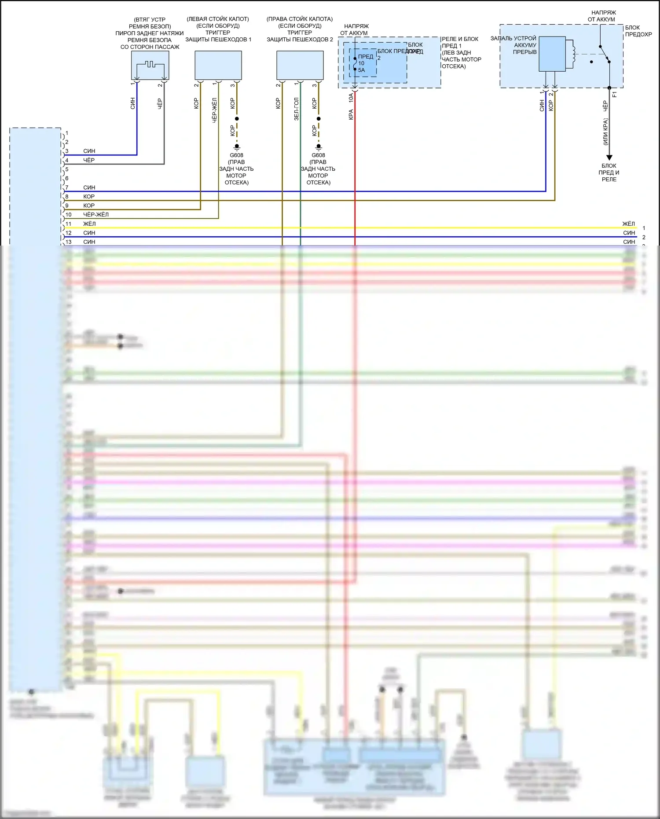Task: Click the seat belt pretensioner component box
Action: coord(150,65)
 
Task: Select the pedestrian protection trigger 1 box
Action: coord(218,65)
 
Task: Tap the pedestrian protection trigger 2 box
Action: coord(300,65)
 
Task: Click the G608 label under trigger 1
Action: coord(236,155)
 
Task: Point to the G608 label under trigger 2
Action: coord(318,155)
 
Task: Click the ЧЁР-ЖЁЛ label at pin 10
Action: coord(96,215)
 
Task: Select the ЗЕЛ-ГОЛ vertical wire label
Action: coord(297,109)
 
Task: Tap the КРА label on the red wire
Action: coord(351,114)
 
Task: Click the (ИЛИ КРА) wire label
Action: coord(605,131)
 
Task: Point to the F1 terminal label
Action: coord(615,94)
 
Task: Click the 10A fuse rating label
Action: coord(351,98)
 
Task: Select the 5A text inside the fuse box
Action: coord(362,70)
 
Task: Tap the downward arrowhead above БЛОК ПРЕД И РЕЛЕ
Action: coord(609,158)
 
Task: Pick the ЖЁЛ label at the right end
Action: coord(629,224)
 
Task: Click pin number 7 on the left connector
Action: coord(67,187)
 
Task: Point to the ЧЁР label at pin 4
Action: coord(89,160)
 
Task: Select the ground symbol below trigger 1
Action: coord(237,147)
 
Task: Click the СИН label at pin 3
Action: coord(89,151)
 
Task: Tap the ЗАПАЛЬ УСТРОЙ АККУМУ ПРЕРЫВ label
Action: coord(514,45)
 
